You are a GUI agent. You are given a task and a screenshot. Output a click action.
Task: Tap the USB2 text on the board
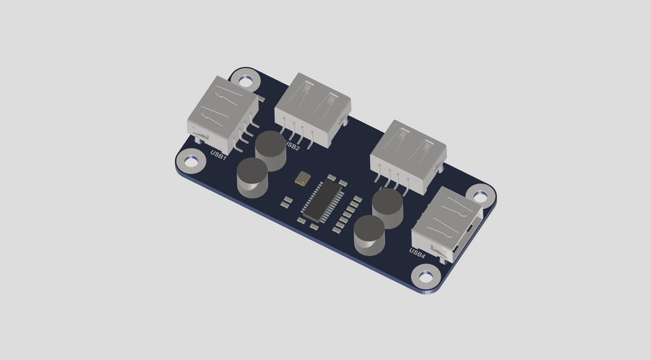click(293, 145)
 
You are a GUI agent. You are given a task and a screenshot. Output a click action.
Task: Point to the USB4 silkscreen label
click(417, 253)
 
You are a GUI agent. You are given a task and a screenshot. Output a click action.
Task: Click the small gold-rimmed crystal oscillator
click(302, 178)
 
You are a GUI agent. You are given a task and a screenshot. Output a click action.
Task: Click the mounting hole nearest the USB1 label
click(190, 161)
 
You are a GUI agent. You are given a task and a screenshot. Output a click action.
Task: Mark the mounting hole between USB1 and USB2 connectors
click(247, 80)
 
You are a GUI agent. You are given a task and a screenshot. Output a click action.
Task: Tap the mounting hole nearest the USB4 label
click(425, 277)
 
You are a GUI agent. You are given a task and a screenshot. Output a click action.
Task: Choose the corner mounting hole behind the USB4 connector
click(480, 197)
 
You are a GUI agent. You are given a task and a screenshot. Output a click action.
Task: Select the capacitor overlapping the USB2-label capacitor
click(252, 176)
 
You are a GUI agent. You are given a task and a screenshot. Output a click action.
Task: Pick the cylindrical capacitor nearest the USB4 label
click(369, 234)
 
